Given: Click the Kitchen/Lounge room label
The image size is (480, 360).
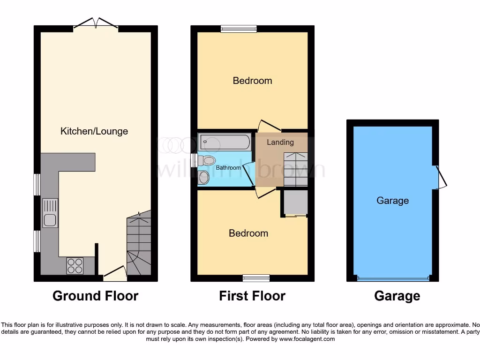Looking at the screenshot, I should (x=94, y=131).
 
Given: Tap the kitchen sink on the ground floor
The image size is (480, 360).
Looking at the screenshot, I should (x=50, y=213).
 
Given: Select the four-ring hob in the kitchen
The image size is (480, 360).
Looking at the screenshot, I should (x=75, y=266).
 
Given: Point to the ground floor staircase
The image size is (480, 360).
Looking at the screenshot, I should (x=139, y=246).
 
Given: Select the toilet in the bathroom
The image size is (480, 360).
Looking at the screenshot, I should (x=207, y=161).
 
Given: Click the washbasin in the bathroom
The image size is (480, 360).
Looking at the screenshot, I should (x=204, y=177).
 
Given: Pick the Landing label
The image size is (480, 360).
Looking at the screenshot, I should (x=280, y=142).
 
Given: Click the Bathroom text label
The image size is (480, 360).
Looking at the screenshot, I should (x=228, y=167).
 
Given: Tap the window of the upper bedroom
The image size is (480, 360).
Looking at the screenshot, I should (x=239, y=29).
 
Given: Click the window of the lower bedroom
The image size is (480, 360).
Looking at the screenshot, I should (x=256, y=278).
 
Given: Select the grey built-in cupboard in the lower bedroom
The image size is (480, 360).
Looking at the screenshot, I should (x=294, y=202).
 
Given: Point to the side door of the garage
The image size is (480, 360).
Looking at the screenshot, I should (x=441, y=177).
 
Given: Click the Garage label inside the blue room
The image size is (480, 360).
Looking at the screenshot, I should (x=393, y=201).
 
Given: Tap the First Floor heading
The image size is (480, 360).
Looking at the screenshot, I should (x=252, y=296).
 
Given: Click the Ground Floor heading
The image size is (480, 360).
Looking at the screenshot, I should (x=95, y=296).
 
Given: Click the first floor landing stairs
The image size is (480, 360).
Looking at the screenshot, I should (x=295, y=169).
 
